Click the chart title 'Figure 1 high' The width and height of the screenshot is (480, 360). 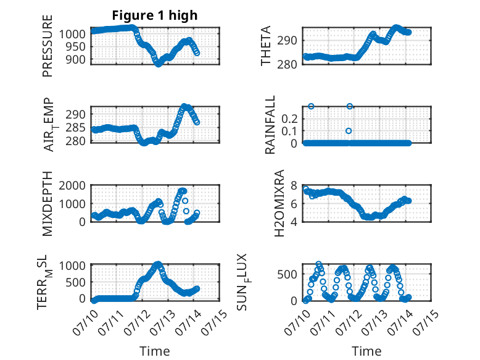155,15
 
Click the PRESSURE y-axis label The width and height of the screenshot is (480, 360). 48,46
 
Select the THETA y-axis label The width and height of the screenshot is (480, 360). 266,46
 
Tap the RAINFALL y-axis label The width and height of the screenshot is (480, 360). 270,125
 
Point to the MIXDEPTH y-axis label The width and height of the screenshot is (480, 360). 48,204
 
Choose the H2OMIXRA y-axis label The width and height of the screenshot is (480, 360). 279,203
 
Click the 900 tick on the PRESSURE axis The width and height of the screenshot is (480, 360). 75,60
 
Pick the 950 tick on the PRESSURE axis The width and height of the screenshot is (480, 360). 75,47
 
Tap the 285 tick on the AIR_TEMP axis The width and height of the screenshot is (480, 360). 75,127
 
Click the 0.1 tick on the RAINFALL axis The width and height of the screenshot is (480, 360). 289,131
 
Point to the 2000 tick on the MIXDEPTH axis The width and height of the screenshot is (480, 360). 72,185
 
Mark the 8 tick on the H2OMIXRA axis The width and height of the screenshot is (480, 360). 294,185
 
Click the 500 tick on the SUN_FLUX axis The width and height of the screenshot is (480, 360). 287,274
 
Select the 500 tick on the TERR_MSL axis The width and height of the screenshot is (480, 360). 75,282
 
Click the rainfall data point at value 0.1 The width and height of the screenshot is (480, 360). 349,131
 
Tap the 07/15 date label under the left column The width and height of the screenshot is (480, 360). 215,322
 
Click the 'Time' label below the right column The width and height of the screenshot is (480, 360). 366,351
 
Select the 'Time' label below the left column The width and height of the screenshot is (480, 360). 155,351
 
